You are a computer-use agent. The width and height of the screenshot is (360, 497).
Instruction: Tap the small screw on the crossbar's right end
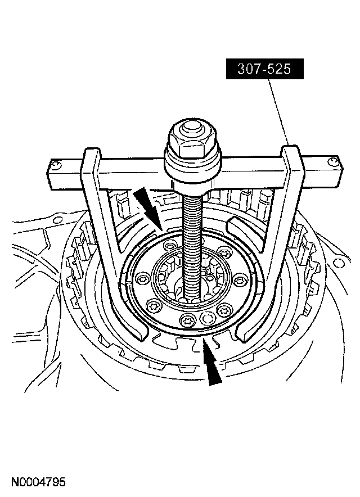[x=334, y=162]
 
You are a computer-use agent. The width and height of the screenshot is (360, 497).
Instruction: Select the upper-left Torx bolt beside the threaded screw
[x=170, y=247]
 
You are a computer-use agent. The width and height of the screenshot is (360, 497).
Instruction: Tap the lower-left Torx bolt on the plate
[x=151, y=307]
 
